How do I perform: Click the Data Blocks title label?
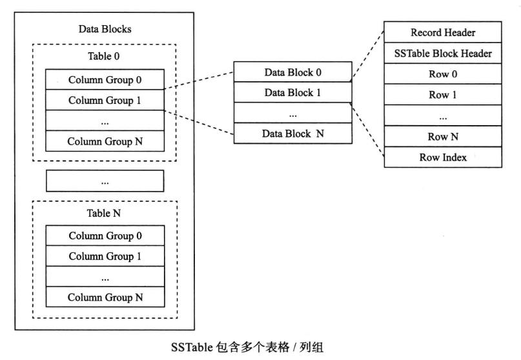click(105, 29)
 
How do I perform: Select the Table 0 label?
click(105, 55)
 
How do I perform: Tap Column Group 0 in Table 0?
click(105, 80)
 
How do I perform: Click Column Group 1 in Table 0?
click(105, 100)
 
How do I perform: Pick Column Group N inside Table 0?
click(105, 141)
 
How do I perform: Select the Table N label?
click(105, 212)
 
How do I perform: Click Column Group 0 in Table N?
click(105, 235)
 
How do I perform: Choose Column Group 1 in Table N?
click(105, 256)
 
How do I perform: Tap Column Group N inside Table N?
click(105, 297)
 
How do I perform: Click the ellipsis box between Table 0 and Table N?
click(105, 181)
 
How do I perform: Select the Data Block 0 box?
click(292, 72)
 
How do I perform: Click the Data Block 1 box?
click(292, 92)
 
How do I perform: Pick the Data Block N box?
click(292, 134)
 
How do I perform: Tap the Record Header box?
click(442, 32)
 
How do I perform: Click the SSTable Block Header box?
click(442, 53)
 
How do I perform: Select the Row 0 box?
click(442, 74)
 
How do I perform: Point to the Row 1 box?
click(442, 94)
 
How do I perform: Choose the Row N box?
click(442, 136)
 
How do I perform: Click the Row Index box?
click(442, 157)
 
